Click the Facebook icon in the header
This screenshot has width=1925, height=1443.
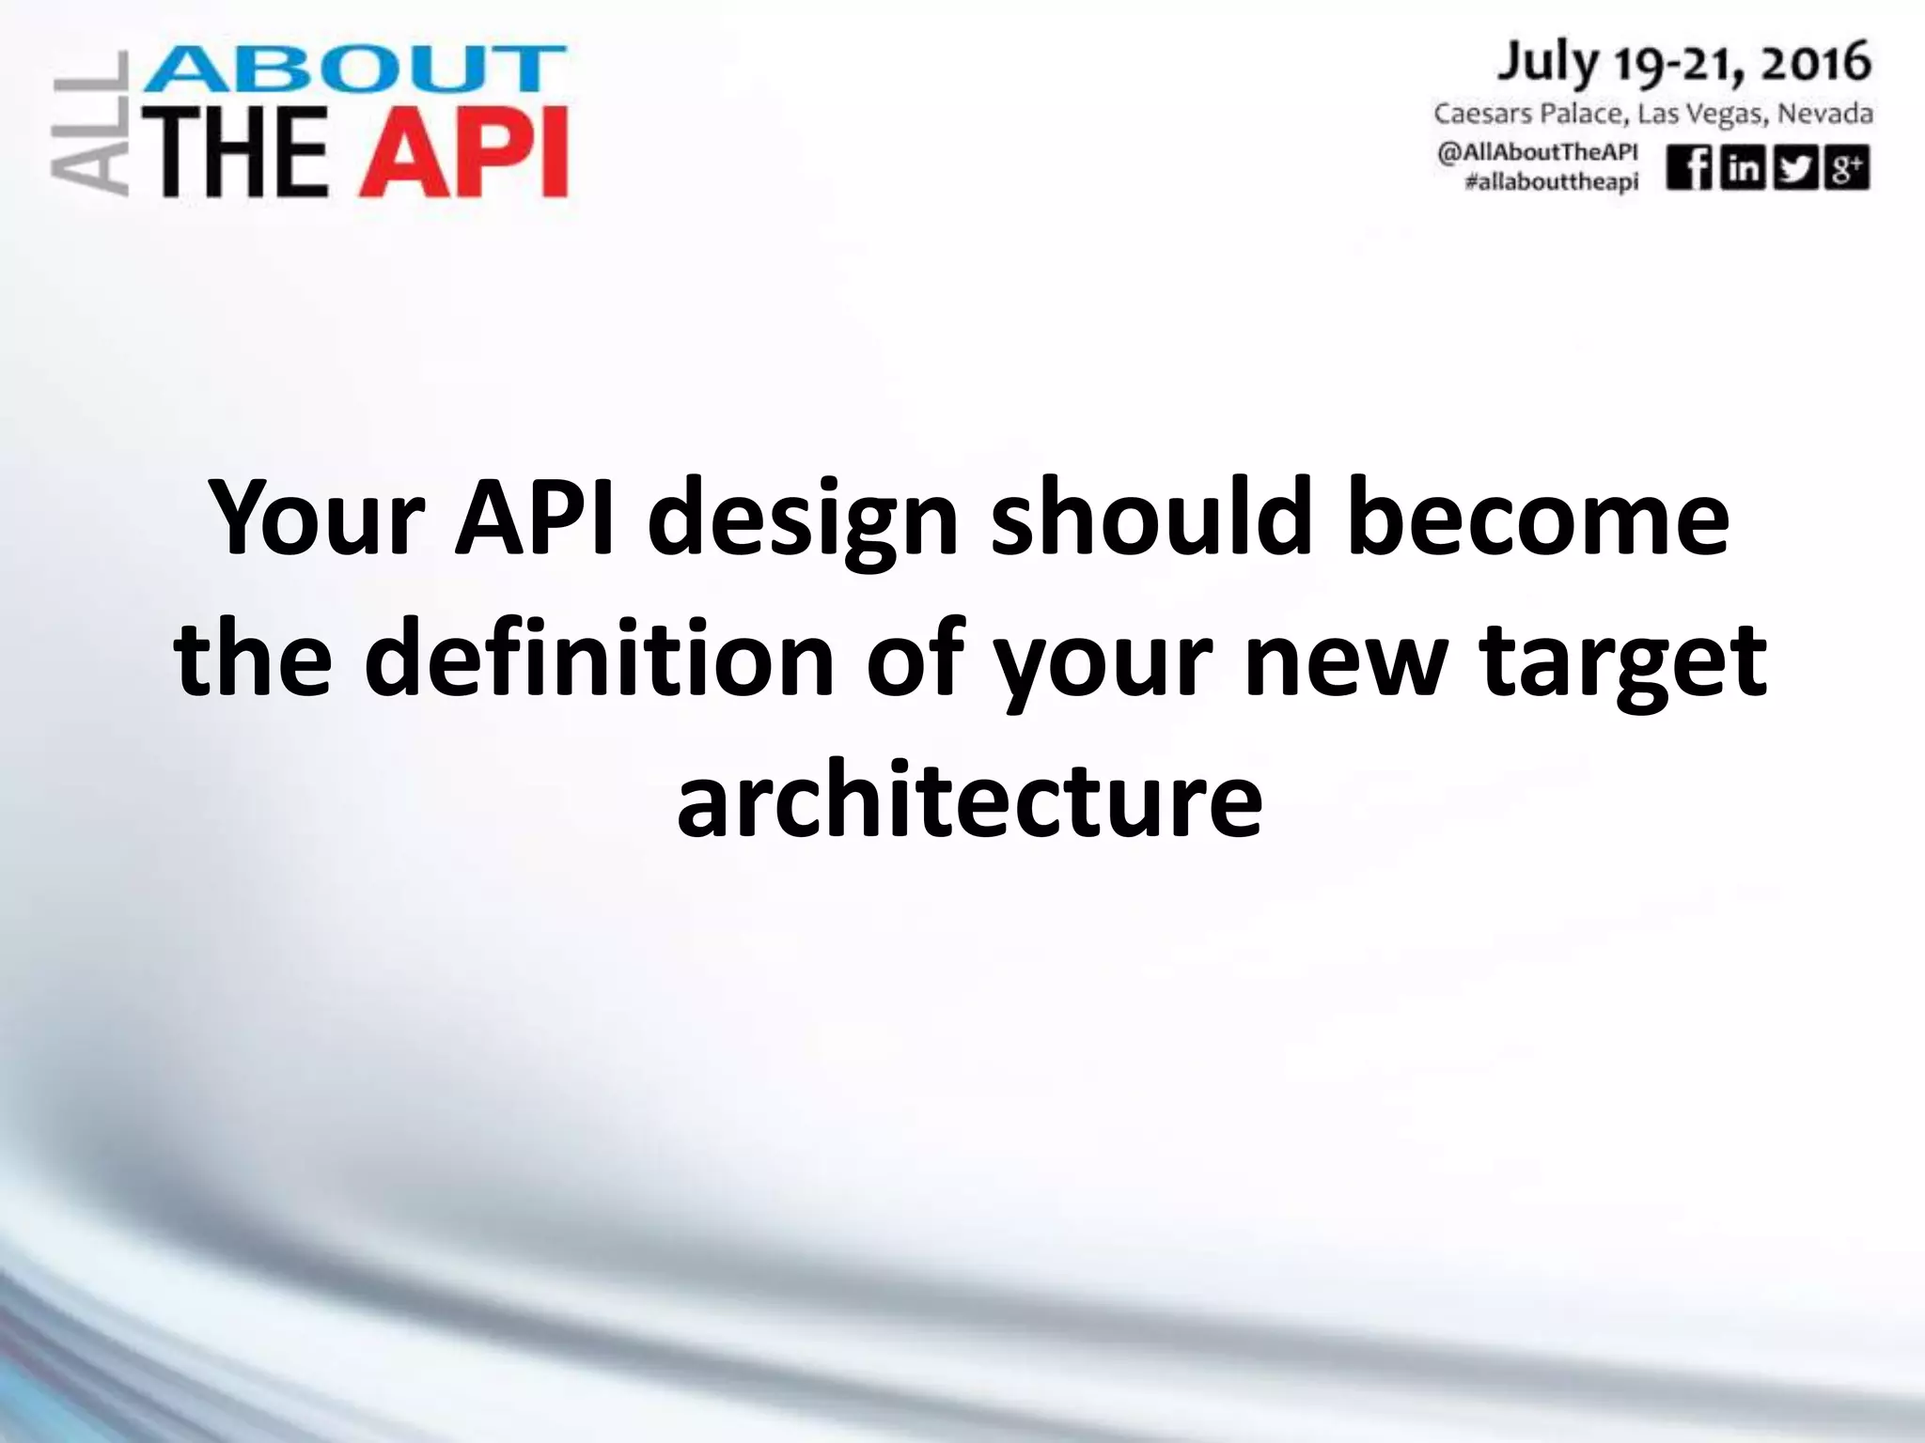coord(1689,169)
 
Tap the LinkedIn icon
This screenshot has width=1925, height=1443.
coord(1742,169)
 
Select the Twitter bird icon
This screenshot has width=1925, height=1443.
coord(1795,169)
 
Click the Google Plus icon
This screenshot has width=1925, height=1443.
coord(1847,169)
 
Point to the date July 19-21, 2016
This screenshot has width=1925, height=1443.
coord(1683,64)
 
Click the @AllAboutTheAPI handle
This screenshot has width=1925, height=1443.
coord(1537,154)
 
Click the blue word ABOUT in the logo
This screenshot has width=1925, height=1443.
coord(353,71)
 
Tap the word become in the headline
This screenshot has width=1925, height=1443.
coord(1538,519)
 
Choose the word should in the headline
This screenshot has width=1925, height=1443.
coord(1150,519)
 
